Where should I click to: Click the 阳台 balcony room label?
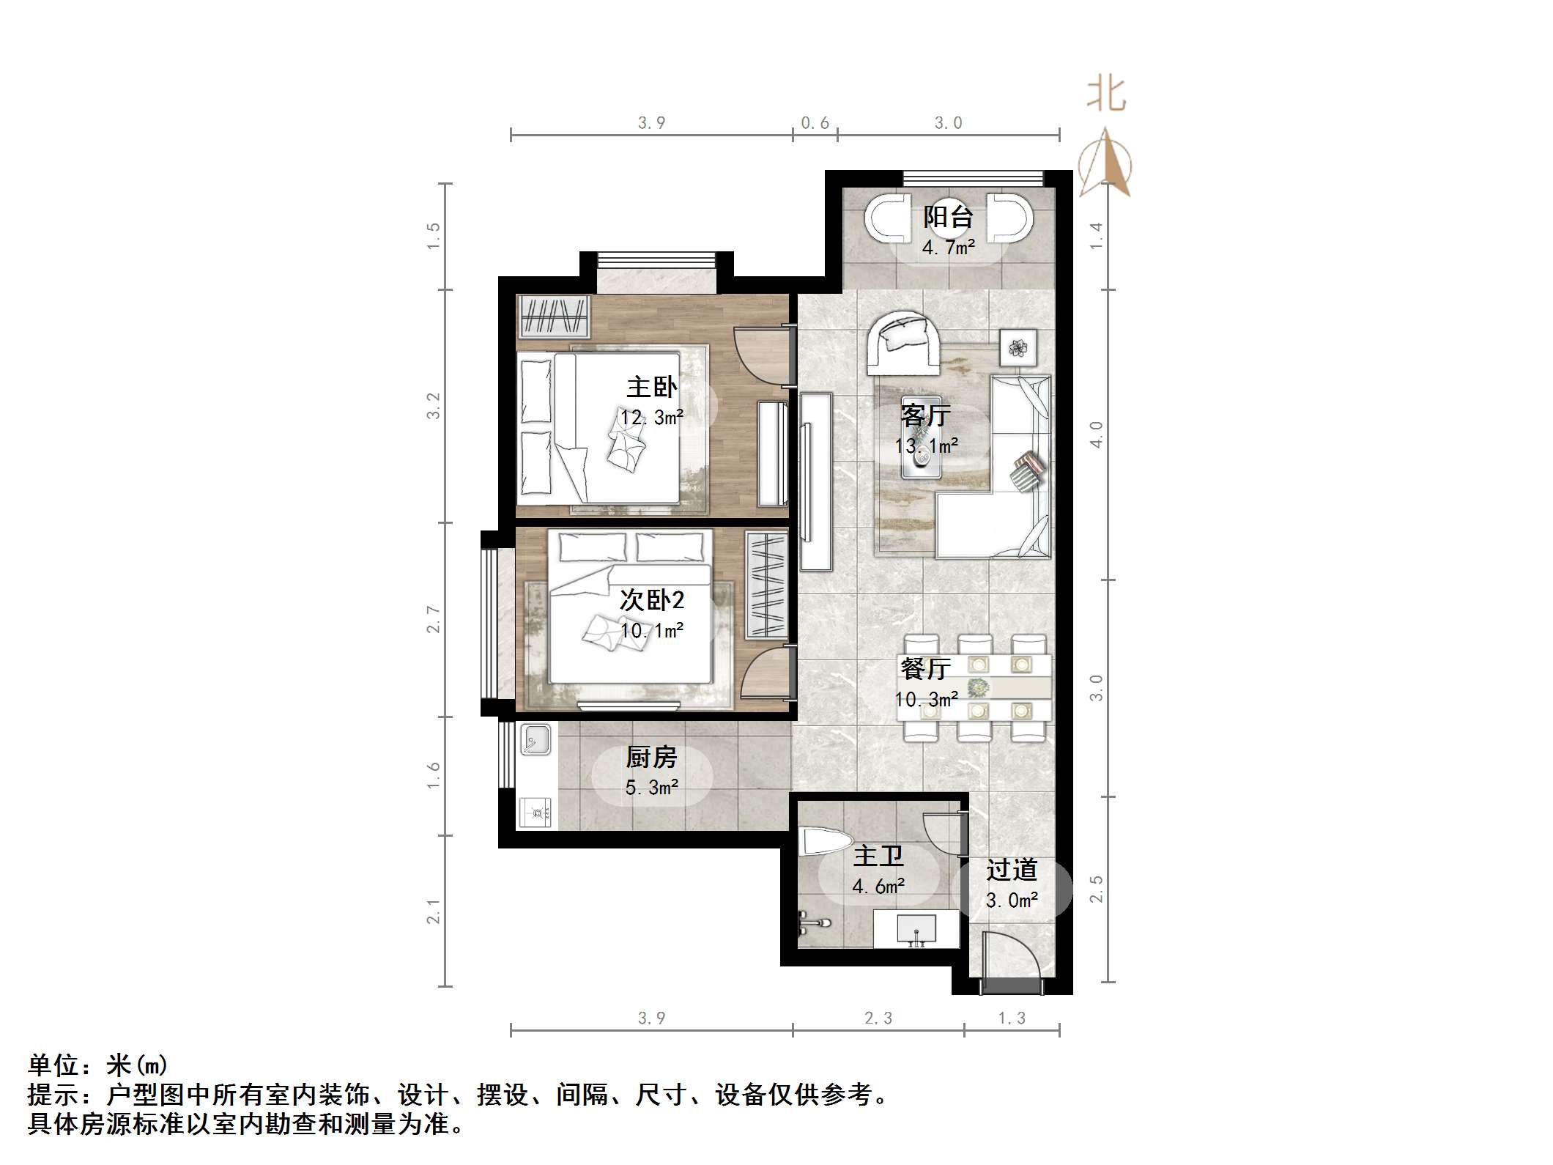[948, 217]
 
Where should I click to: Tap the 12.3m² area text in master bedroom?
[651, 418]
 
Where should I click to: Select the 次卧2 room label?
[651, 600]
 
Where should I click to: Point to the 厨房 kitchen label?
[651, 757]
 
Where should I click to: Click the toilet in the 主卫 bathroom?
[824, 842]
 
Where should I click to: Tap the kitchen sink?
[535, 740]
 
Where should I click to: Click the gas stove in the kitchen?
[536, 812]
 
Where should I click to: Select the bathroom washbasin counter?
[916, 928]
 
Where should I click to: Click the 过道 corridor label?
[1012, 870]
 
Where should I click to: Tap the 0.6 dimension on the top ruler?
[815, 123]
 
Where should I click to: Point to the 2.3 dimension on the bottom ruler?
[878, 1018]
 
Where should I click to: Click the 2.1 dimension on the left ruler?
[434, 911]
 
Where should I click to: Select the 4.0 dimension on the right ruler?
[1096, 434]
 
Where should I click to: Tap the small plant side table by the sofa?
[1018, 347]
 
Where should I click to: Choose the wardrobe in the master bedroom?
[554, 316]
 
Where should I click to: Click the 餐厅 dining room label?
[925, 668]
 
